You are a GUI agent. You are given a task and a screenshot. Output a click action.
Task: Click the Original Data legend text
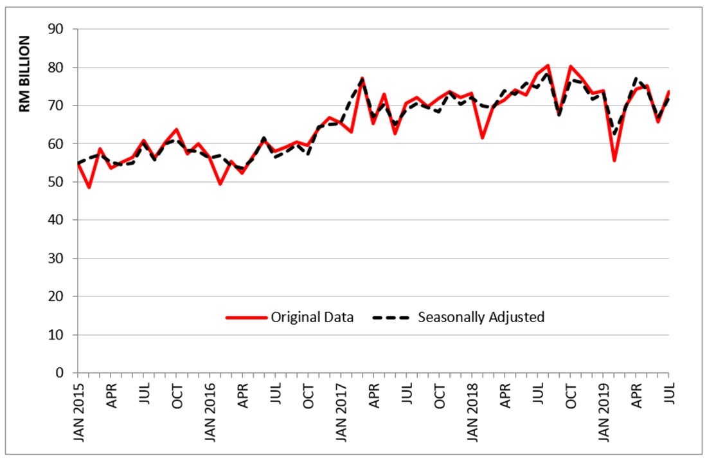[312, 317]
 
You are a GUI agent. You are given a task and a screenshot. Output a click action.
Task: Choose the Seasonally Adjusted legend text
[481, 317]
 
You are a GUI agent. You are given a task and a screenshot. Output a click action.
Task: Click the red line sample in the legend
[246, 317]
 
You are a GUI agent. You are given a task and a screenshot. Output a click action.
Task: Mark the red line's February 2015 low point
[89, 188]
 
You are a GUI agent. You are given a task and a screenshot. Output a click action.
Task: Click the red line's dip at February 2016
[220, 185]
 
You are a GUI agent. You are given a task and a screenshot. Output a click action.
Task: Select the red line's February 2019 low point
[614, 161]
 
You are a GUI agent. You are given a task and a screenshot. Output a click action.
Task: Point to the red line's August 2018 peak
[548, 65]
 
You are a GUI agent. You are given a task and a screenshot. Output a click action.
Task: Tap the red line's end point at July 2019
[669, 91]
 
